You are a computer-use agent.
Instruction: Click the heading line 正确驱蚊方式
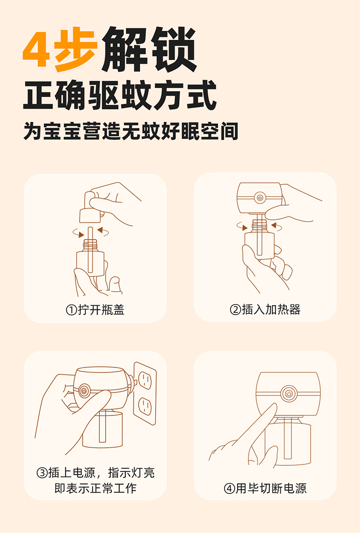pos(120,95)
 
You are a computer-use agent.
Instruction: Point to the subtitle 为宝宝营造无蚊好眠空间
pos(131,131)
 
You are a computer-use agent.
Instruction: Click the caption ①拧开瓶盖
pos(95,309)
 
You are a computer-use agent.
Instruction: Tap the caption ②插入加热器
pos(265,309)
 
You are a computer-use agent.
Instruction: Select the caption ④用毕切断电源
pos(265,488)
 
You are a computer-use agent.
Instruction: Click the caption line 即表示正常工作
pos(96,488)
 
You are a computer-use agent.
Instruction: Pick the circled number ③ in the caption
pos(42,473)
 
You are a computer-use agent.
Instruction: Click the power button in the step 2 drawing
pos(260,198)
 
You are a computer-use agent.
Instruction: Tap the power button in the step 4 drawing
pos(289,393)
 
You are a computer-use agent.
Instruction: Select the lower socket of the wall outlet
pos(145,406)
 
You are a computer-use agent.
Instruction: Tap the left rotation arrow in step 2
pos(242,226)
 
